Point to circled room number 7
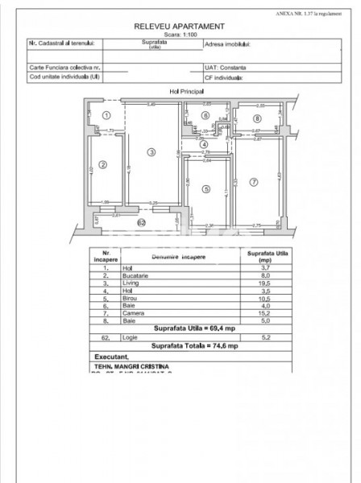pyautogui.click(x=253, y=183)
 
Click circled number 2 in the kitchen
pyautogui.click(x=102, y=165)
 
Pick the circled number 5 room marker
pyautogui.click(x=206, y=189)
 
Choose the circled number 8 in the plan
pyautogui.click(x=257, y=118)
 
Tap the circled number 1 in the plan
pyautogui.click(x=105, y=116)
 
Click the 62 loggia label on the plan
pyautogui.click(x=141, y=222)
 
